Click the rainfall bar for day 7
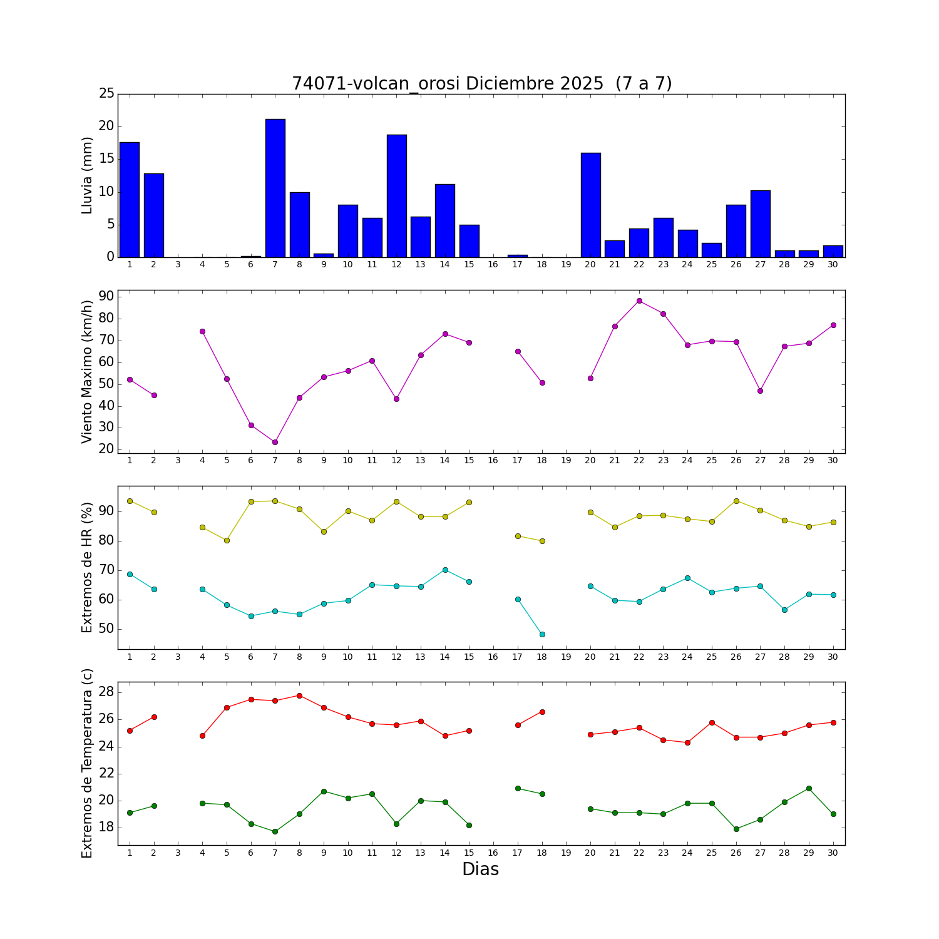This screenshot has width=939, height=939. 275,188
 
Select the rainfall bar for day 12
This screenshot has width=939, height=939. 396,195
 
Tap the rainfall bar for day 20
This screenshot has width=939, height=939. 590,205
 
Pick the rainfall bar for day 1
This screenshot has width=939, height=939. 130,199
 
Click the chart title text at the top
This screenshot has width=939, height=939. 481,84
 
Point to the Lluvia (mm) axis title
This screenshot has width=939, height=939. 88,175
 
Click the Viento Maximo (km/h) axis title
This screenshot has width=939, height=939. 88,371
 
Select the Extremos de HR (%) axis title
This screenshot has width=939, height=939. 88,567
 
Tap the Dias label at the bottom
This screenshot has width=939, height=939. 480,870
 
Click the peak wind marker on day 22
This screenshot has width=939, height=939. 639,300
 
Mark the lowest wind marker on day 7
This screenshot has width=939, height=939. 275,442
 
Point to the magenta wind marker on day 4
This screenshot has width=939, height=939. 202,331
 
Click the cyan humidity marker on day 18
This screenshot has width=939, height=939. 542,634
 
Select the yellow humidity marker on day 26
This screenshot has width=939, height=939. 736,501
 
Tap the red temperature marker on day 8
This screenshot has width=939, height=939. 299,695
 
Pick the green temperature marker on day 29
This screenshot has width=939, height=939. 809,788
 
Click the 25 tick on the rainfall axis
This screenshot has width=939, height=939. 106,94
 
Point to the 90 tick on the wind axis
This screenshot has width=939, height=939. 106,296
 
